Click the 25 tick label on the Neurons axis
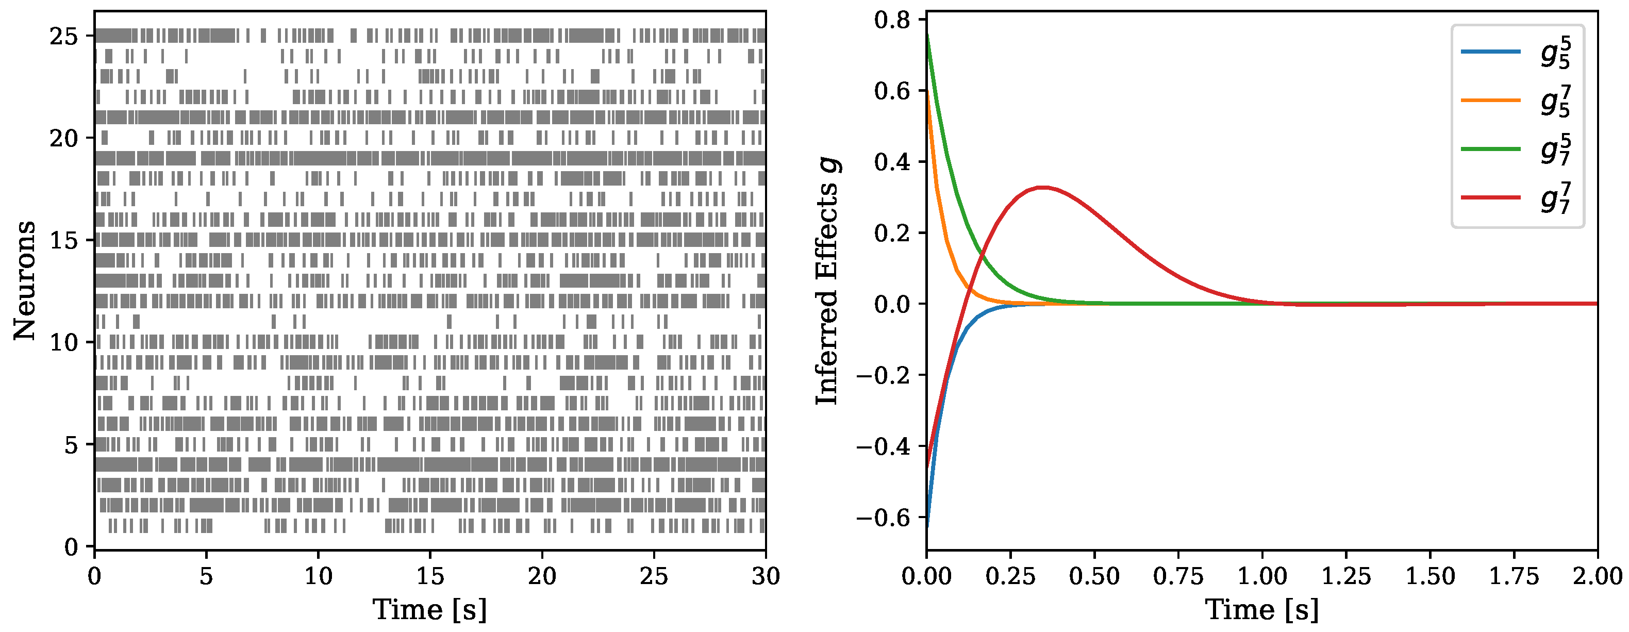[x=64, y=36]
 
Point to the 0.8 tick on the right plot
[x=892, y=20]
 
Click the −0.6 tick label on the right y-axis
[x=883, y=518]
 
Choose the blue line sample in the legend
[x=1490, y=51]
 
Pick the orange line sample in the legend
[x=1490, y=100]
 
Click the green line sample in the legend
[x=1490, y=148]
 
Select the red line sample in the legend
[x=1490, y=197]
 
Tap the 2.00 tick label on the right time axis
[x=1597, y=576]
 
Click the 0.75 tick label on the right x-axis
[x=1177, y=576]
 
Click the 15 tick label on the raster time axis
[x=430, y=576]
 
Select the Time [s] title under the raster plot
[x=430, y=610]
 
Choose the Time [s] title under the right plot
[x=1261, y=610]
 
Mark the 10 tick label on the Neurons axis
[x=64, y=343]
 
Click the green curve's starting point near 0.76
[x=927, y=33]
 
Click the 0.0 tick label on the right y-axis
[x=892, y=304]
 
